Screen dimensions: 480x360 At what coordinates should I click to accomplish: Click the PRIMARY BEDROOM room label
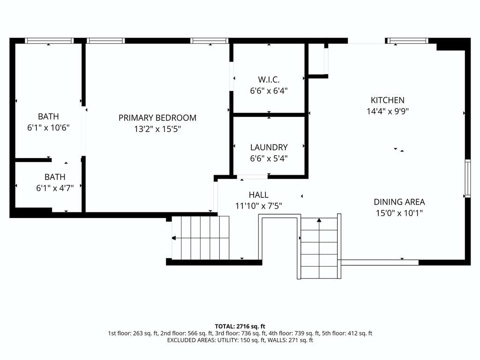pos(157,118)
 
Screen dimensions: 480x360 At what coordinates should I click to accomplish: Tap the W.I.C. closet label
pos(269,80)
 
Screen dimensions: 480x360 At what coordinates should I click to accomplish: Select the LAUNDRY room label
pos(269,147)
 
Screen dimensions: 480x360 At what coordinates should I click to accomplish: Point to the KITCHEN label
pos(388,100)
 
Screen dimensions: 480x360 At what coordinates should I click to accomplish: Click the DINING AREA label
pos(399,202)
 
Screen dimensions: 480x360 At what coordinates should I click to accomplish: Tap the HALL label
pos(259,195)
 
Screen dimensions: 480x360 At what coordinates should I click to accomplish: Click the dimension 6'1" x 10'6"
pos(48,127)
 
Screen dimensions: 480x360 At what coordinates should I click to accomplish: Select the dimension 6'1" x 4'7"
pos(55,188)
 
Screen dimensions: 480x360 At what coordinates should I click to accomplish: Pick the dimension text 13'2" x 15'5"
pos(157,129)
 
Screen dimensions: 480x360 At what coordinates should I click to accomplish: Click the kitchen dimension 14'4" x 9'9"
pos(388,111)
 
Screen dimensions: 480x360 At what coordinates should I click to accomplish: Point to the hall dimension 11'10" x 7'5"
pos(259,206)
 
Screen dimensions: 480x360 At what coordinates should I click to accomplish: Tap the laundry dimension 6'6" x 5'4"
pos(269,158)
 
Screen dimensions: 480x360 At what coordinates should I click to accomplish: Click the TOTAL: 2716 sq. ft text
pos(240,326)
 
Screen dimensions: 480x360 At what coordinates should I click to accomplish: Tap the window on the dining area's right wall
pos(468,178)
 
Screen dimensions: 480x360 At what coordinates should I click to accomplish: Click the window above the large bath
pos(49,41)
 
